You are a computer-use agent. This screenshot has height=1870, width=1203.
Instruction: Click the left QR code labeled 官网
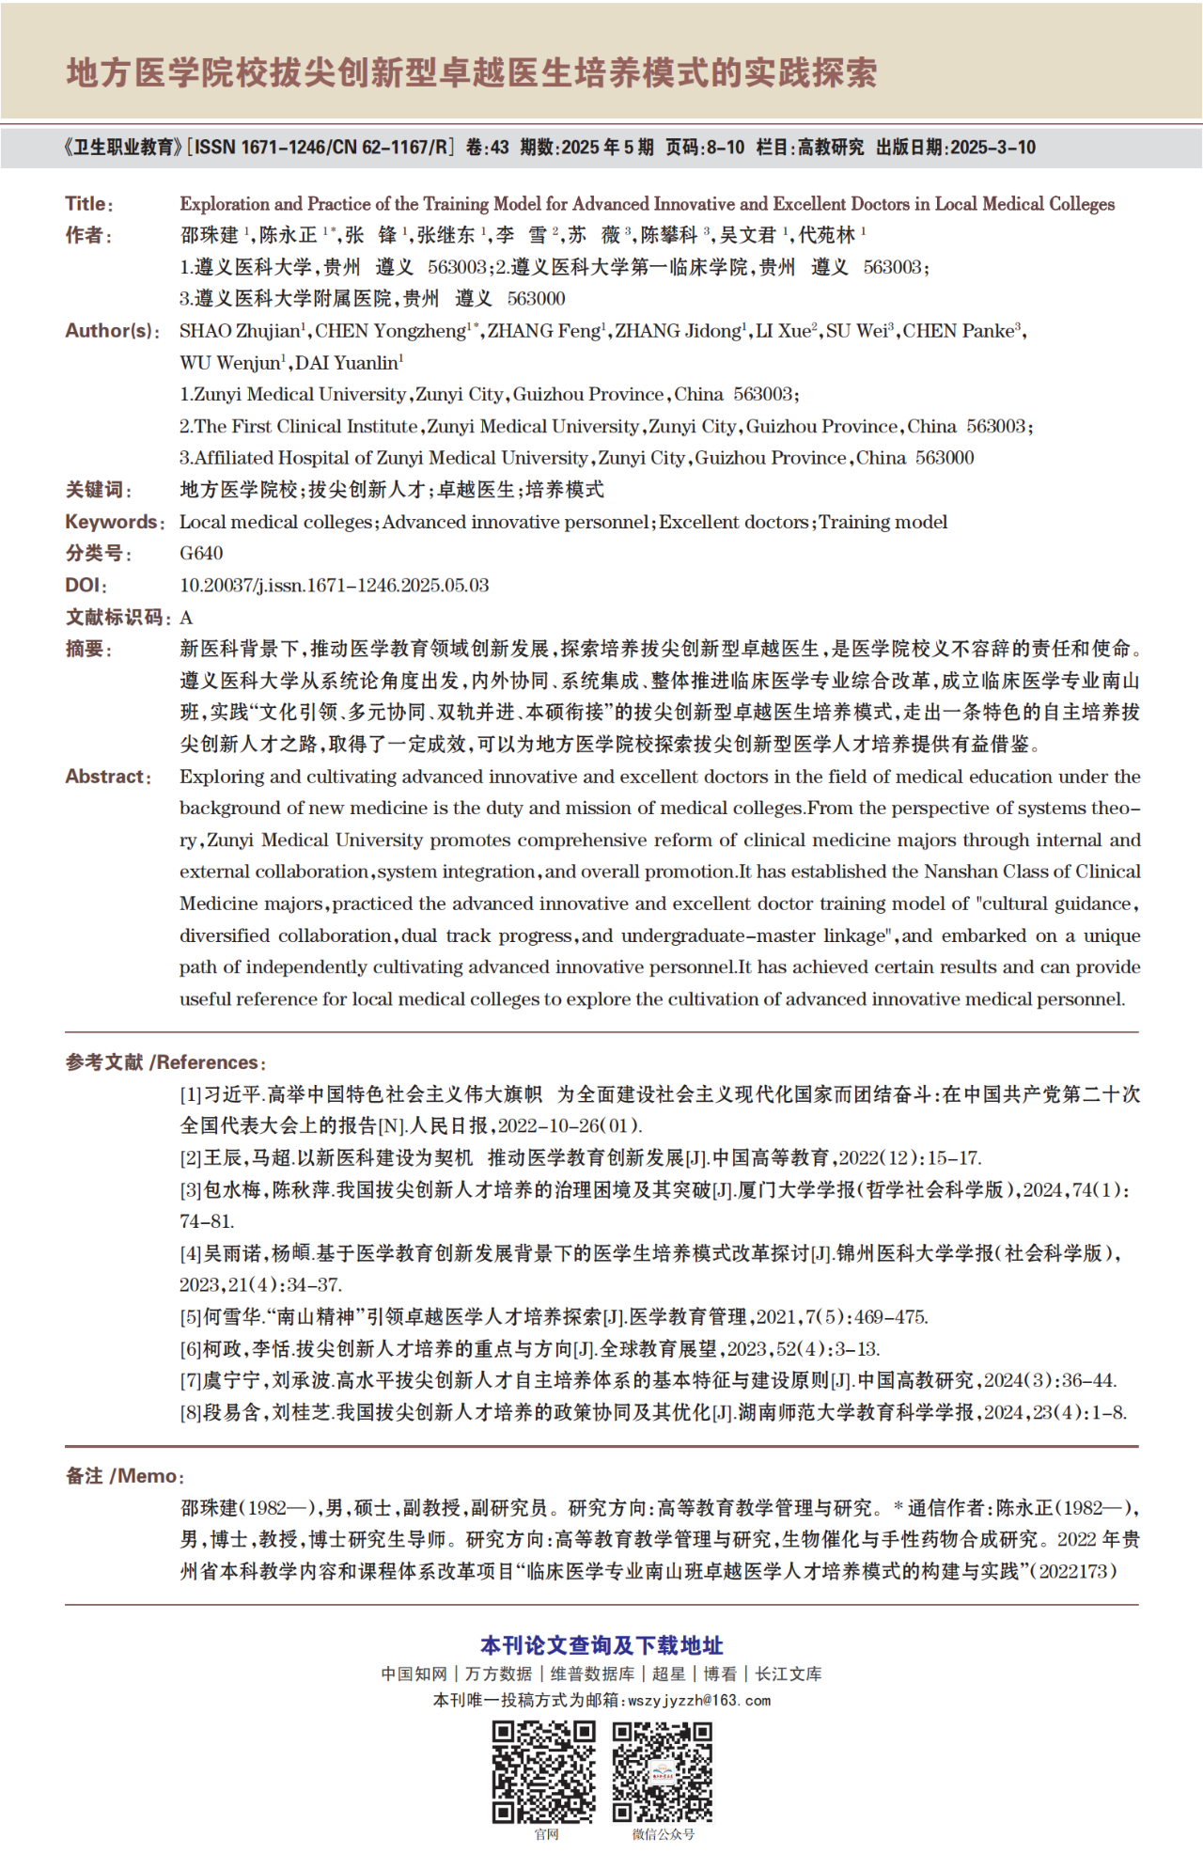point(544,1771)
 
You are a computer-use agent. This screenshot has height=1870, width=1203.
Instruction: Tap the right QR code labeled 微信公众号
point(663,1771)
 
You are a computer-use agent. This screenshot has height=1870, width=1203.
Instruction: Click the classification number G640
point(201,553)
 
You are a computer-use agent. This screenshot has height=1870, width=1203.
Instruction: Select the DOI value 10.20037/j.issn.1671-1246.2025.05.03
point(334,585)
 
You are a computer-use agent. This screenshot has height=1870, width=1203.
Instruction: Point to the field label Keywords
point(111,522)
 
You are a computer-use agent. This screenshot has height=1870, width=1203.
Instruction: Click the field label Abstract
point(105,777)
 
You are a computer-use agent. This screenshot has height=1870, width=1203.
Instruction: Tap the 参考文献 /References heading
point(164,1062)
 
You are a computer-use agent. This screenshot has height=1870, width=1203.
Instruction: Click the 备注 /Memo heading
point(123,1476)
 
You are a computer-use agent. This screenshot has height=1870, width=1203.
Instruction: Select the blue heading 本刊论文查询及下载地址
point(601,1645)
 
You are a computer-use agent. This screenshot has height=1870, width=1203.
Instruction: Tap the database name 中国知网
point(414,1674)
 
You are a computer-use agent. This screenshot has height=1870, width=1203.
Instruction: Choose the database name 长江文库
point(789,1674)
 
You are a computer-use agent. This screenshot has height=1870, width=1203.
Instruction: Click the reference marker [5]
point(191,1317)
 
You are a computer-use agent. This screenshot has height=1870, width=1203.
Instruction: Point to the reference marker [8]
point(191,1412)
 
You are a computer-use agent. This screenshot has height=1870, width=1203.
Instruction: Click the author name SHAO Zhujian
point(240,331)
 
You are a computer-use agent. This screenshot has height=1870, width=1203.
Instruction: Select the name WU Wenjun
point(230,363)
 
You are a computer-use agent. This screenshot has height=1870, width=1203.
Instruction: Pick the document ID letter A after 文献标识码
point(186,617)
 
